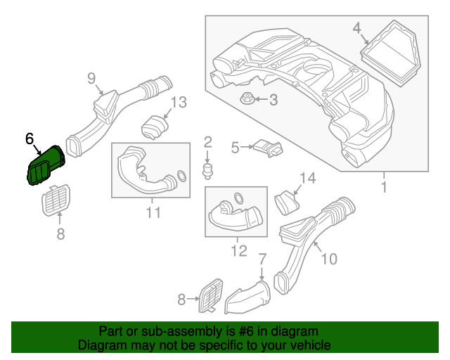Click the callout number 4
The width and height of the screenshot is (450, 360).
coord(356,28)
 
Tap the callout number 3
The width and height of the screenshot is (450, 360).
coord(273,101)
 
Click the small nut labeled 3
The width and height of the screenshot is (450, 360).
coord(247,98)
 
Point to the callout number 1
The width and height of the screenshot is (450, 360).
coord(384,188)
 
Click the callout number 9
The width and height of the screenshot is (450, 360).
coord(91,78)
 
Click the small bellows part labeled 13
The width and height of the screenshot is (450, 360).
coord(155,127)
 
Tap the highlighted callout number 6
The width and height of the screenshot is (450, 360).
coord(30,139)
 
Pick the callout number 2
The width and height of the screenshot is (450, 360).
coord(208,143)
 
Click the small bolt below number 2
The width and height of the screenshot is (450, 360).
coord(208,169)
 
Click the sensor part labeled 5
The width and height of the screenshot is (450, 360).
coord(269,148)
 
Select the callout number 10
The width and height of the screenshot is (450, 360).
coord(328,259)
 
